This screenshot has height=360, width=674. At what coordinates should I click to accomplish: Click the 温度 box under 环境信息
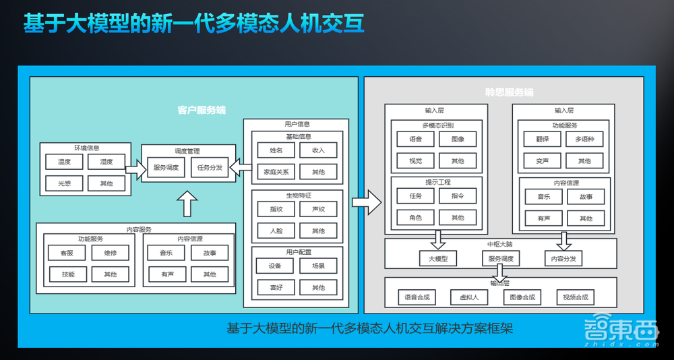tap(64, 162)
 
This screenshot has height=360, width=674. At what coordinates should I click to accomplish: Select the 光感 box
tap(64, 183)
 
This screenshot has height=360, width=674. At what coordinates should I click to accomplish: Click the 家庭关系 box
tap(276, 172)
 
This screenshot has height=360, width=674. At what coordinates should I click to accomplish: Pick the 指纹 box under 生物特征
tap(276, 209)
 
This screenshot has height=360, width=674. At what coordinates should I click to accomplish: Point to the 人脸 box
tap(276, 231)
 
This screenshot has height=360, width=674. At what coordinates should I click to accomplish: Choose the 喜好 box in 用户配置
tap(276, 287)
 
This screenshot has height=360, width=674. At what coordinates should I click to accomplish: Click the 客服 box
tap(67, 253)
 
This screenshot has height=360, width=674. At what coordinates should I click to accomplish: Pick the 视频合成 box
tap(575, 297)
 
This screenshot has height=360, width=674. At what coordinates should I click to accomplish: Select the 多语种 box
tap(584, 139)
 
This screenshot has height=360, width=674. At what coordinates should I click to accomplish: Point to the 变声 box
tap(543, 160)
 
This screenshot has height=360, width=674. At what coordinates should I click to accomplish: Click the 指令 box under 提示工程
tap(458, 196)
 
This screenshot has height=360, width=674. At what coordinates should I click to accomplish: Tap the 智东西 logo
tap(620, 331)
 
